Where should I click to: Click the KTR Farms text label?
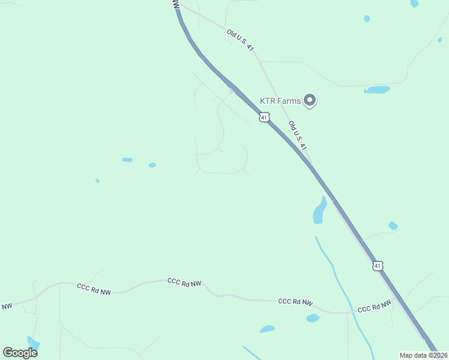click(280, 101)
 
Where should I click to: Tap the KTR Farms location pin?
click(310, 100)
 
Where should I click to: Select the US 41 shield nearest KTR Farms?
click(264, 117)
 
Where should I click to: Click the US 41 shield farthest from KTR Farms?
click(377, 265)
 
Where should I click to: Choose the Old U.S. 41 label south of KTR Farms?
click(298, 136)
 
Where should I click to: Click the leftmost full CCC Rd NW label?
click(94, 289)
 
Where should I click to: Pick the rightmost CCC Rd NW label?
click(375, 307)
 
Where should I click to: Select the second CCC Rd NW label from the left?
click(184, 282)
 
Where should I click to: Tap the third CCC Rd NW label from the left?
click(295, 302)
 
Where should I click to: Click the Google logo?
click(20, 352)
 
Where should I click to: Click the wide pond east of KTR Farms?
click(377, 90)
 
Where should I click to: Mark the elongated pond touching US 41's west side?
click(319, 211)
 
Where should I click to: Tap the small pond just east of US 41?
click(393, 226)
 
